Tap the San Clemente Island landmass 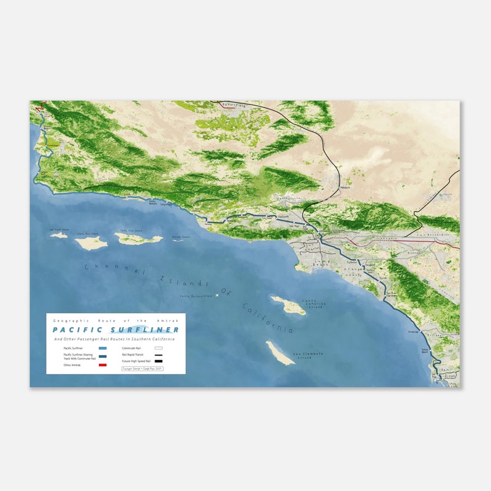tap(280, 353)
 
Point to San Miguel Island tap(59, 235)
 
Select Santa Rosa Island tap(91, 243)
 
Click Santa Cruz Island tap(138, 239)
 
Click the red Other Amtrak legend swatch tap(103, 365)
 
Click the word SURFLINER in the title tap(147, 330)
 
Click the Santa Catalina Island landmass tap(288, 305)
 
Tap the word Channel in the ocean tap(115, 270)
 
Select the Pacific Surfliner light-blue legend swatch tap(103, 348)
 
